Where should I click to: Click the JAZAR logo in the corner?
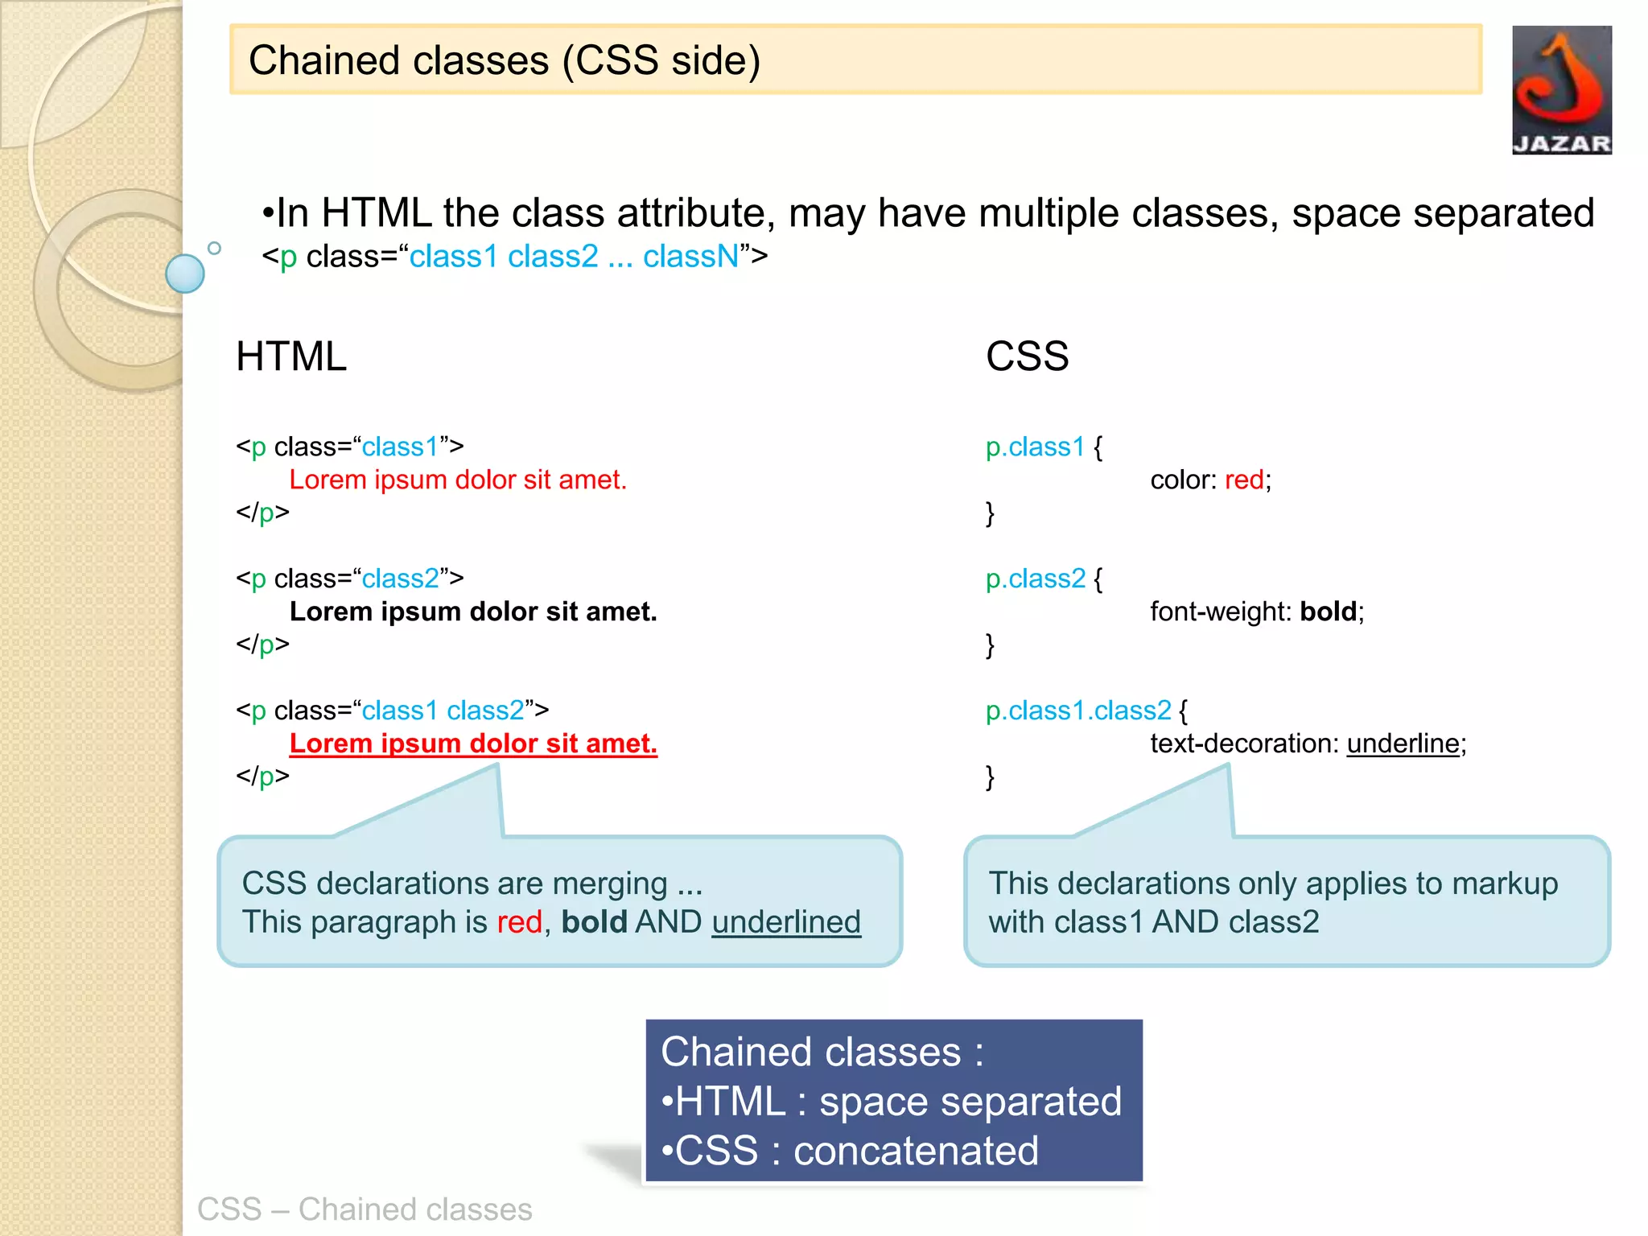(1561, 89)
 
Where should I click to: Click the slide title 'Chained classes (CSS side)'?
(505, 60)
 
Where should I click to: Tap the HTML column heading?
(291, 356)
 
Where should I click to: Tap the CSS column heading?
(1027, 356)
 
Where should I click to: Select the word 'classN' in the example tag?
(690, 257)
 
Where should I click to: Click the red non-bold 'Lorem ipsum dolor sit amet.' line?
(457, 480)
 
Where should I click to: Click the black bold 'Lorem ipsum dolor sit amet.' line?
(473, 612)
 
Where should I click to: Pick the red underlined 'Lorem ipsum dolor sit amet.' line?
(473, 744)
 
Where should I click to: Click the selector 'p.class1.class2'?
(1078, 711)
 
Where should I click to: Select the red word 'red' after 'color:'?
(1244, 480)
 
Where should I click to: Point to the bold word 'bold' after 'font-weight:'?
(1329, 612)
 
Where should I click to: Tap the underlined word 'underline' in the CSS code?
(1403, 744)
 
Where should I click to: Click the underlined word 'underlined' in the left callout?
(786, 922)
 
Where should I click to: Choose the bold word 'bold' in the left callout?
(594, 922)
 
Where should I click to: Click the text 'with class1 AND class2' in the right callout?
(1153, 922)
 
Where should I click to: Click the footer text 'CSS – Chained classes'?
(365, 1209)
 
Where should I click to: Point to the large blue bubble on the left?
(185, 274)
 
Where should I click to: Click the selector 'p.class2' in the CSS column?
(1036, 579)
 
